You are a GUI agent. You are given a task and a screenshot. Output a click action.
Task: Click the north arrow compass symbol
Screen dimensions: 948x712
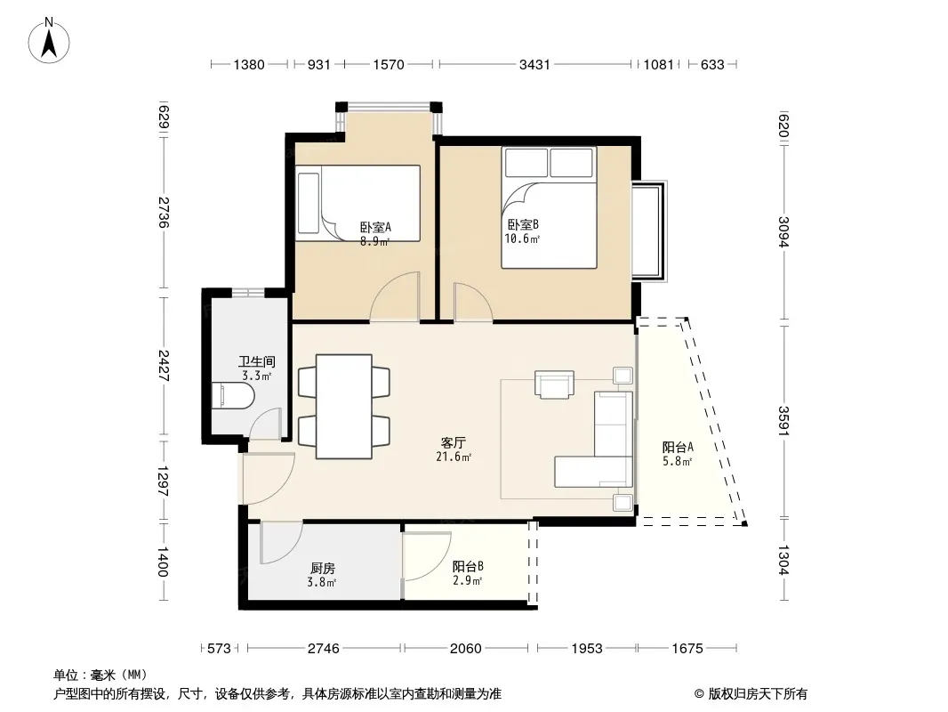(49, 41)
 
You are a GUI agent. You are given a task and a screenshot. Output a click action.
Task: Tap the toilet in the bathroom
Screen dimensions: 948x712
(232, 396)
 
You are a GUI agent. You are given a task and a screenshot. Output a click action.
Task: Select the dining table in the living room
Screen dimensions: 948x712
(344, 407)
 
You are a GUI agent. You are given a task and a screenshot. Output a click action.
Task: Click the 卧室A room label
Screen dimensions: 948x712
(375, 228)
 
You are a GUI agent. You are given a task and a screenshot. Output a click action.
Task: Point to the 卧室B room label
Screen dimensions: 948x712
(523, 224)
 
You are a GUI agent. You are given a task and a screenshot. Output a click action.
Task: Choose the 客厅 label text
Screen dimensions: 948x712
(454, 443)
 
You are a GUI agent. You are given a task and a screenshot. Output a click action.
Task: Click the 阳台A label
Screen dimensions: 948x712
(678, 447)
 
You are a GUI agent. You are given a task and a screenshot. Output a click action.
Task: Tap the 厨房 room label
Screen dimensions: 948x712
(322, 569)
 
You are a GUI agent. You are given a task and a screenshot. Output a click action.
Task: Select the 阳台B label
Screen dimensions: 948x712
(468, 566)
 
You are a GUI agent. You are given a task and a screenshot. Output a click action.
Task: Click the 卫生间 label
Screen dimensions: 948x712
(257, 361)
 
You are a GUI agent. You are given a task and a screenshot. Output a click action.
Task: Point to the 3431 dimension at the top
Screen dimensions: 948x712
(534, 64)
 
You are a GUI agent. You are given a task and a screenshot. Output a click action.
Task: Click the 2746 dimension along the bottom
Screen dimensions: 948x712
(324, 649)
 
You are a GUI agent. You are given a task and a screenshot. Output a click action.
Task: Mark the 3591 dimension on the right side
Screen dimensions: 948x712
(783, 420)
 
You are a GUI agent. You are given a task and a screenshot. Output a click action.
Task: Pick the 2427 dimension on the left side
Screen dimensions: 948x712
(164, 366)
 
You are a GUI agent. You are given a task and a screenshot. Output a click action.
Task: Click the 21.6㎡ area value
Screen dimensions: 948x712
(454, 457)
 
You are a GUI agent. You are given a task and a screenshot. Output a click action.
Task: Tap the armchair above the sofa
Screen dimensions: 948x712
(554, 384)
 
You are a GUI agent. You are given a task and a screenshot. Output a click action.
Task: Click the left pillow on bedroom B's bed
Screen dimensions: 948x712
(526, 163)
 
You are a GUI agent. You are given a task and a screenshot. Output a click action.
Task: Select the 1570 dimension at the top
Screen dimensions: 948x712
(388, 64)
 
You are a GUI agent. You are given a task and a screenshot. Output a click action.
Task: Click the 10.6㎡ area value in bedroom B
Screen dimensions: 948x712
(522, 239)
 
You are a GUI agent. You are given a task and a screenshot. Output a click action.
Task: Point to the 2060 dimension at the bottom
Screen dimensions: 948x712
(465, 649)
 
